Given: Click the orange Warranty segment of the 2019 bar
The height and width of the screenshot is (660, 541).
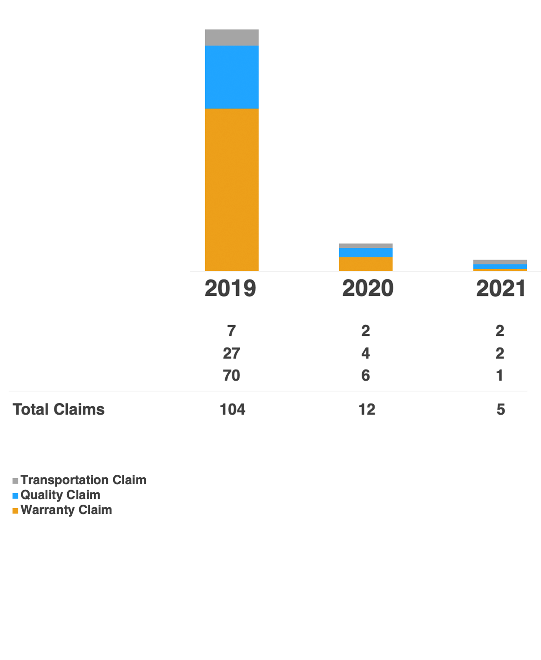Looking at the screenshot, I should [232, 190].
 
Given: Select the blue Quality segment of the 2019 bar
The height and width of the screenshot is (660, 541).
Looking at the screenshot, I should [232, 77].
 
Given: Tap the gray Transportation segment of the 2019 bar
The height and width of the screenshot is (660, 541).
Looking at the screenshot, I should [232, 37].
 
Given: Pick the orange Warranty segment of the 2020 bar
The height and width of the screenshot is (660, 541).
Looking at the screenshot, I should [366, 264].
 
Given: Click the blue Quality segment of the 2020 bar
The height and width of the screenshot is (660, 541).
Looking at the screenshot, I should [366, 252].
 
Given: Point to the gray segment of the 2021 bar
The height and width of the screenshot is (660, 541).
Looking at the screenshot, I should [500, 262].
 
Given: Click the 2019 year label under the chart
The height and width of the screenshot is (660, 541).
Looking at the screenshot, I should [230, 288].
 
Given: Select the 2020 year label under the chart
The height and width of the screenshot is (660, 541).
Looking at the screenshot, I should [368, 288].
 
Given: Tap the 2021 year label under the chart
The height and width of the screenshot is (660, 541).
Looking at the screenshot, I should [501, 288].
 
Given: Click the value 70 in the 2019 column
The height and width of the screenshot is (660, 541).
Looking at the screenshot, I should [232, 375].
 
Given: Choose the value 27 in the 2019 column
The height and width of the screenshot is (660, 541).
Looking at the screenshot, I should [232, 353].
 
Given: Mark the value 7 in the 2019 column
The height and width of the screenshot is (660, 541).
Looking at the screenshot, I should [232, 330].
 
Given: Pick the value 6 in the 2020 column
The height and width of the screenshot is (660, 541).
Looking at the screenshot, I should [366, 375].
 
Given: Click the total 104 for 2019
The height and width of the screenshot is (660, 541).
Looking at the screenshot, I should [232, 409].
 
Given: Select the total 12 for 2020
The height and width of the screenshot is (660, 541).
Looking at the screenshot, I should [367, 409].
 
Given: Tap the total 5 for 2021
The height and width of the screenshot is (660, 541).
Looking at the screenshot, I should [501, 409].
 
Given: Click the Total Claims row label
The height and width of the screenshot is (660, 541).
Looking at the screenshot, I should [58, 409].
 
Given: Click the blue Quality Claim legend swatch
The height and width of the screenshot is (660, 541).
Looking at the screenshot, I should [15, 496].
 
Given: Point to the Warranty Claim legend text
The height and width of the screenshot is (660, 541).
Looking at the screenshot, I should [66, 510].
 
